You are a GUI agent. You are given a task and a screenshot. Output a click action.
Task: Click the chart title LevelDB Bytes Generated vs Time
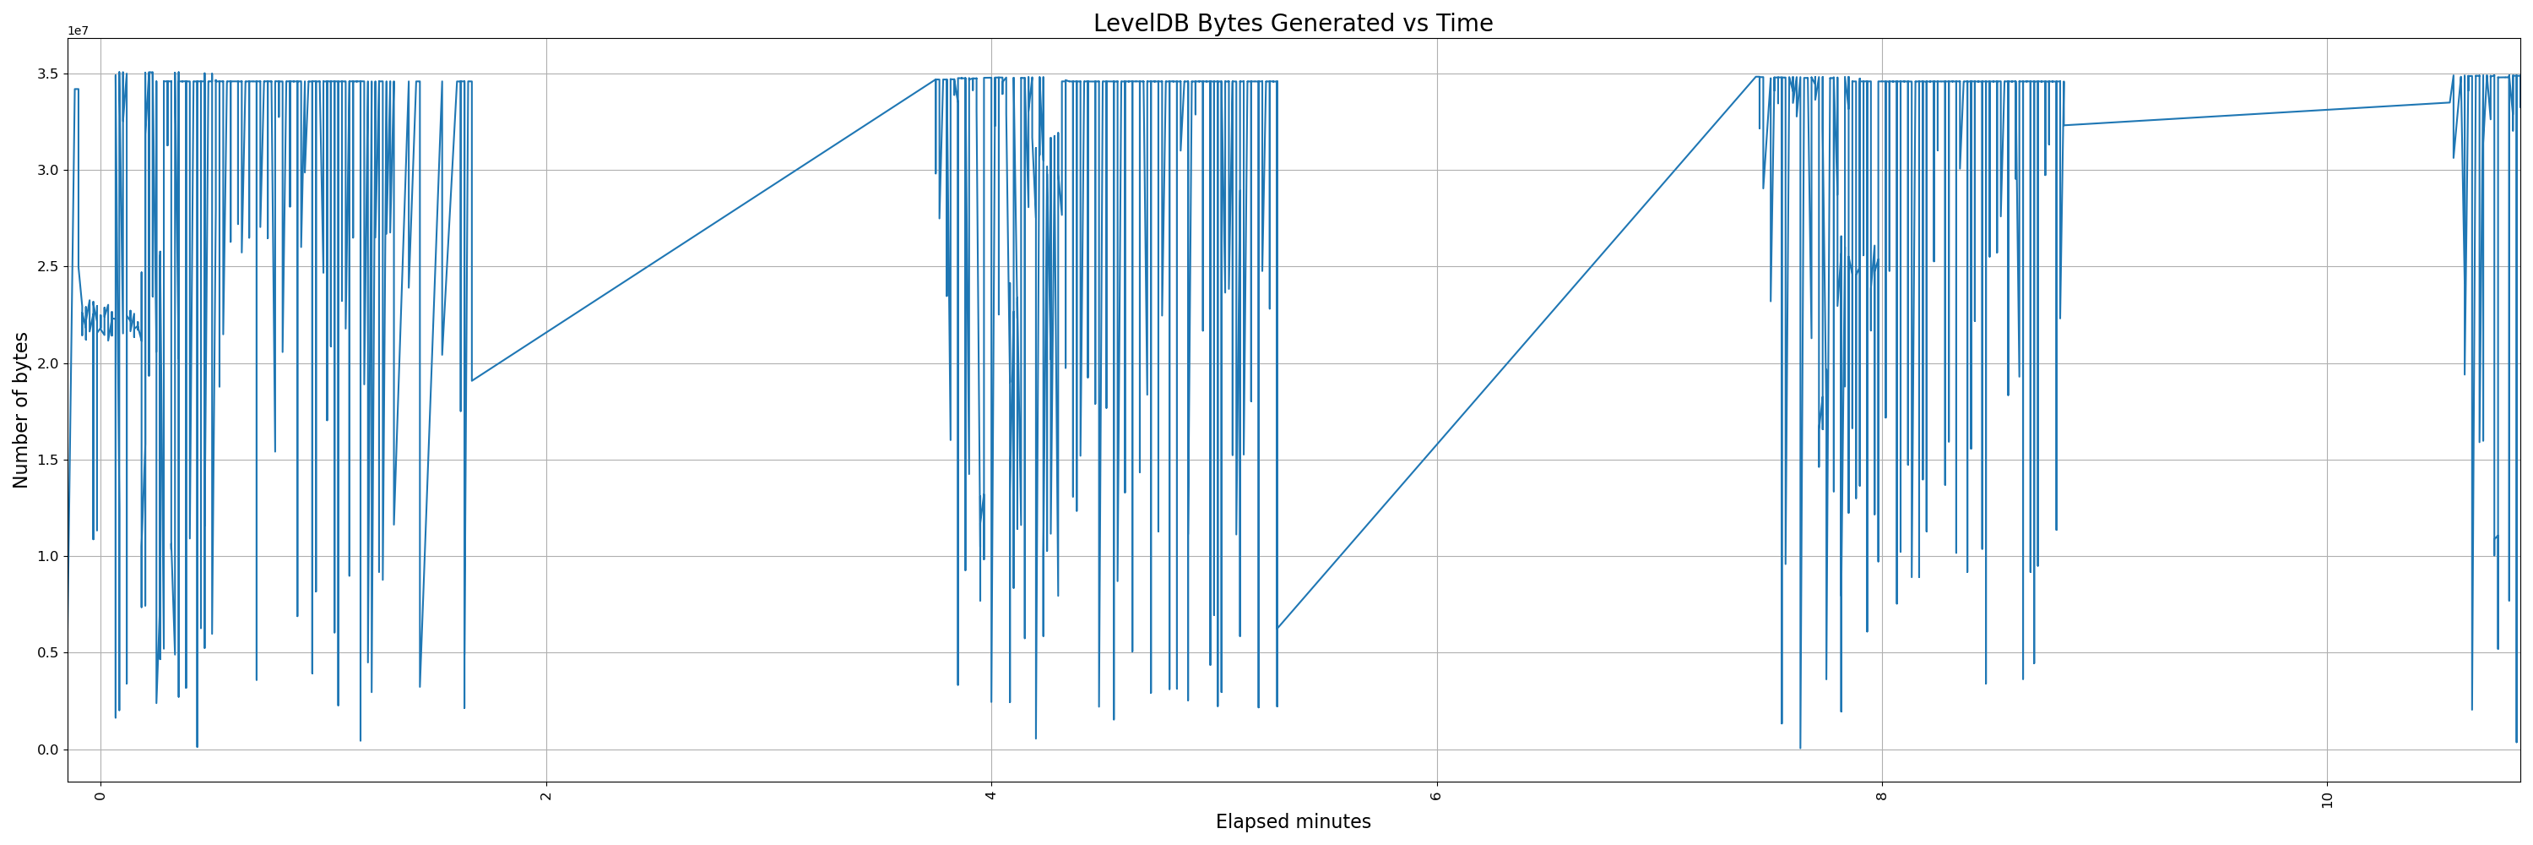1292,24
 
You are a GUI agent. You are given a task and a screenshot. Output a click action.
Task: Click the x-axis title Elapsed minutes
1292,821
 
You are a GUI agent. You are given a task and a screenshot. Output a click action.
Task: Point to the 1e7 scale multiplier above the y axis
78,31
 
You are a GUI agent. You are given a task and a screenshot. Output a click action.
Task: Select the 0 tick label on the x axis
100,796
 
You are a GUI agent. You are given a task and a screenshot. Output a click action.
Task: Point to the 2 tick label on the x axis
545,796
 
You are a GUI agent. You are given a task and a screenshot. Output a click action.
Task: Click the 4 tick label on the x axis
991,796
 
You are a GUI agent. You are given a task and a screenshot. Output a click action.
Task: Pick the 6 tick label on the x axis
1436,796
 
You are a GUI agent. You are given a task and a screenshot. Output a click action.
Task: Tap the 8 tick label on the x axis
1882,796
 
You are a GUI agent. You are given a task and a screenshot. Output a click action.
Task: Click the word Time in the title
1465,24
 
